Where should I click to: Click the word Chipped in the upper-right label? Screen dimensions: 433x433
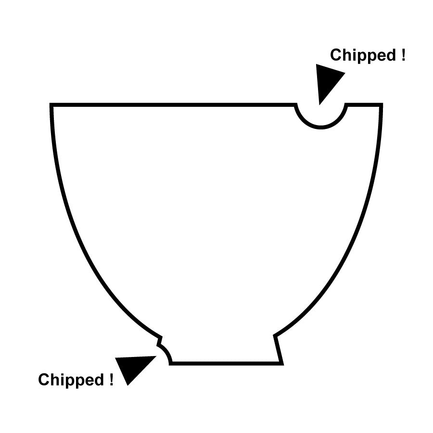363,55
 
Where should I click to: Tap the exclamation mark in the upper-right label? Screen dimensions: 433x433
404,55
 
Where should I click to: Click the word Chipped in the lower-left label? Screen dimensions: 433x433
71,380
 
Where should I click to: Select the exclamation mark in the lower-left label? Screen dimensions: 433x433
111,379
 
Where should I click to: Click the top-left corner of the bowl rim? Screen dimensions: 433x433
51,104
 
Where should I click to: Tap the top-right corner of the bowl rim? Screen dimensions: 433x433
382,104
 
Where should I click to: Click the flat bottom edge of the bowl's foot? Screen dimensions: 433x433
227,363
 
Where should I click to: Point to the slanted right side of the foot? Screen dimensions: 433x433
279,349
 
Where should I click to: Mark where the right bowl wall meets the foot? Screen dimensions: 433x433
275,336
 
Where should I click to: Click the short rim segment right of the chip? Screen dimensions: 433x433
364,104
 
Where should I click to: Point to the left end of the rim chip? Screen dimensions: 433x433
295,104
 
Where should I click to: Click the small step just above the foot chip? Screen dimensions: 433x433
160,341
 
